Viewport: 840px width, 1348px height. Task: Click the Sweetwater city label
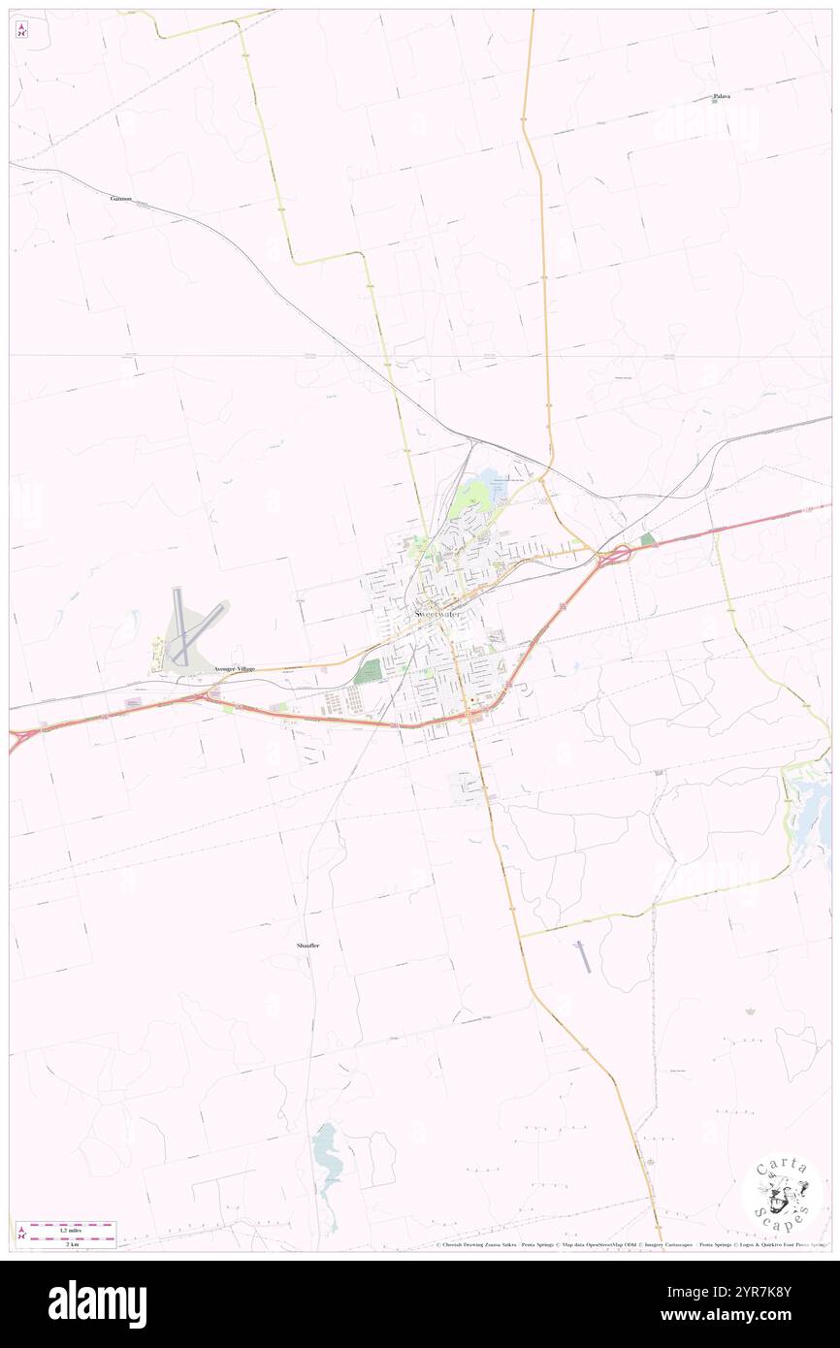click(x=436, y=613)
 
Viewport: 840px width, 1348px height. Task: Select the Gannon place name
click(x=121, y=198)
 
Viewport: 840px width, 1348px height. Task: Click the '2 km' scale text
click(x=66, y=1243)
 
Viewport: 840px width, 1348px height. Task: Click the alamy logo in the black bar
click(x=97, y=1304)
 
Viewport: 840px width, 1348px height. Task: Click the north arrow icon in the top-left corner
click(x=21, y=30)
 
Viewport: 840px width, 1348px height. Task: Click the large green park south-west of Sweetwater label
click(x=367, y=671)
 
